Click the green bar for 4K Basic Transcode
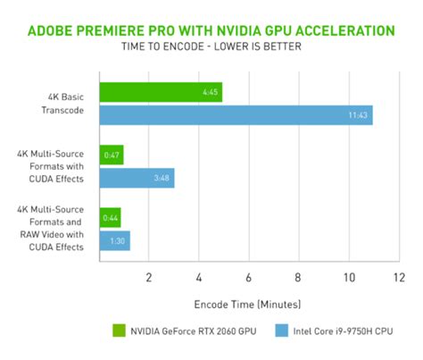[x=161, y=92]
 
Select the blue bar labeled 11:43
[x=236, y=115]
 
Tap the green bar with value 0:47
[x=112, y=155]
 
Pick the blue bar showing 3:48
[x=137, y=178]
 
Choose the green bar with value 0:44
[x=110, y=217]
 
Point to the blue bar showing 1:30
[x=115, y=240]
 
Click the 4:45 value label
[x=210, y=92]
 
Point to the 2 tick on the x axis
[x=149, y=276]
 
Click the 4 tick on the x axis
[x=199, y=276]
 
